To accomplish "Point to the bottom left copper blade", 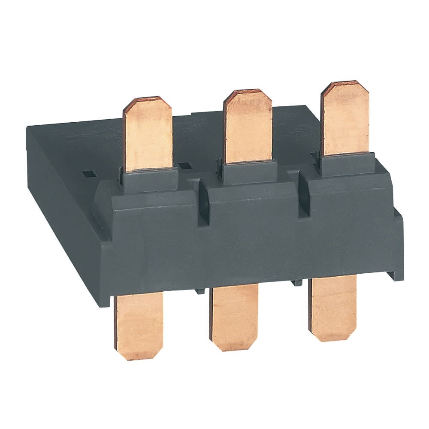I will pos(138,326).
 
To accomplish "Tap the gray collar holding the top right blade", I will pos(347,165).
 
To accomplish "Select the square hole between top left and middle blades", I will pos(186,165).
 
